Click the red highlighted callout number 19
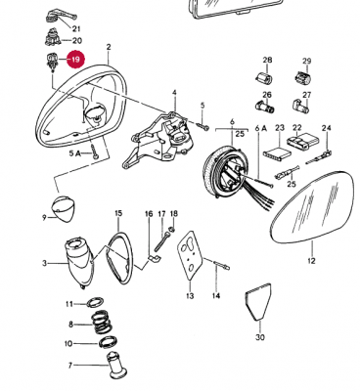tap(75, 60)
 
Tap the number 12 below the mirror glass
tap(311, 261)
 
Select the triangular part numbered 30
tap(257, 301)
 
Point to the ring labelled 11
tap(96, 302)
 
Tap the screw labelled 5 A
tap(95, 152)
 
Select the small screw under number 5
tap(203, 126)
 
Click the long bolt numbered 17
tap(162, 241)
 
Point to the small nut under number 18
tap(173, 229)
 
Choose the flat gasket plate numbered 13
tap(191, 255)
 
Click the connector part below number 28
tap(263, 78)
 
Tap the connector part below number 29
tap(304, 78)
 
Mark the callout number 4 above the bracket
tap(174, 93)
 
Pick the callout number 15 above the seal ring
tap(118, 213)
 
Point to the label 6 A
tap(261, 128)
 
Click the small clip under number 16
tap(155, 259)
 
